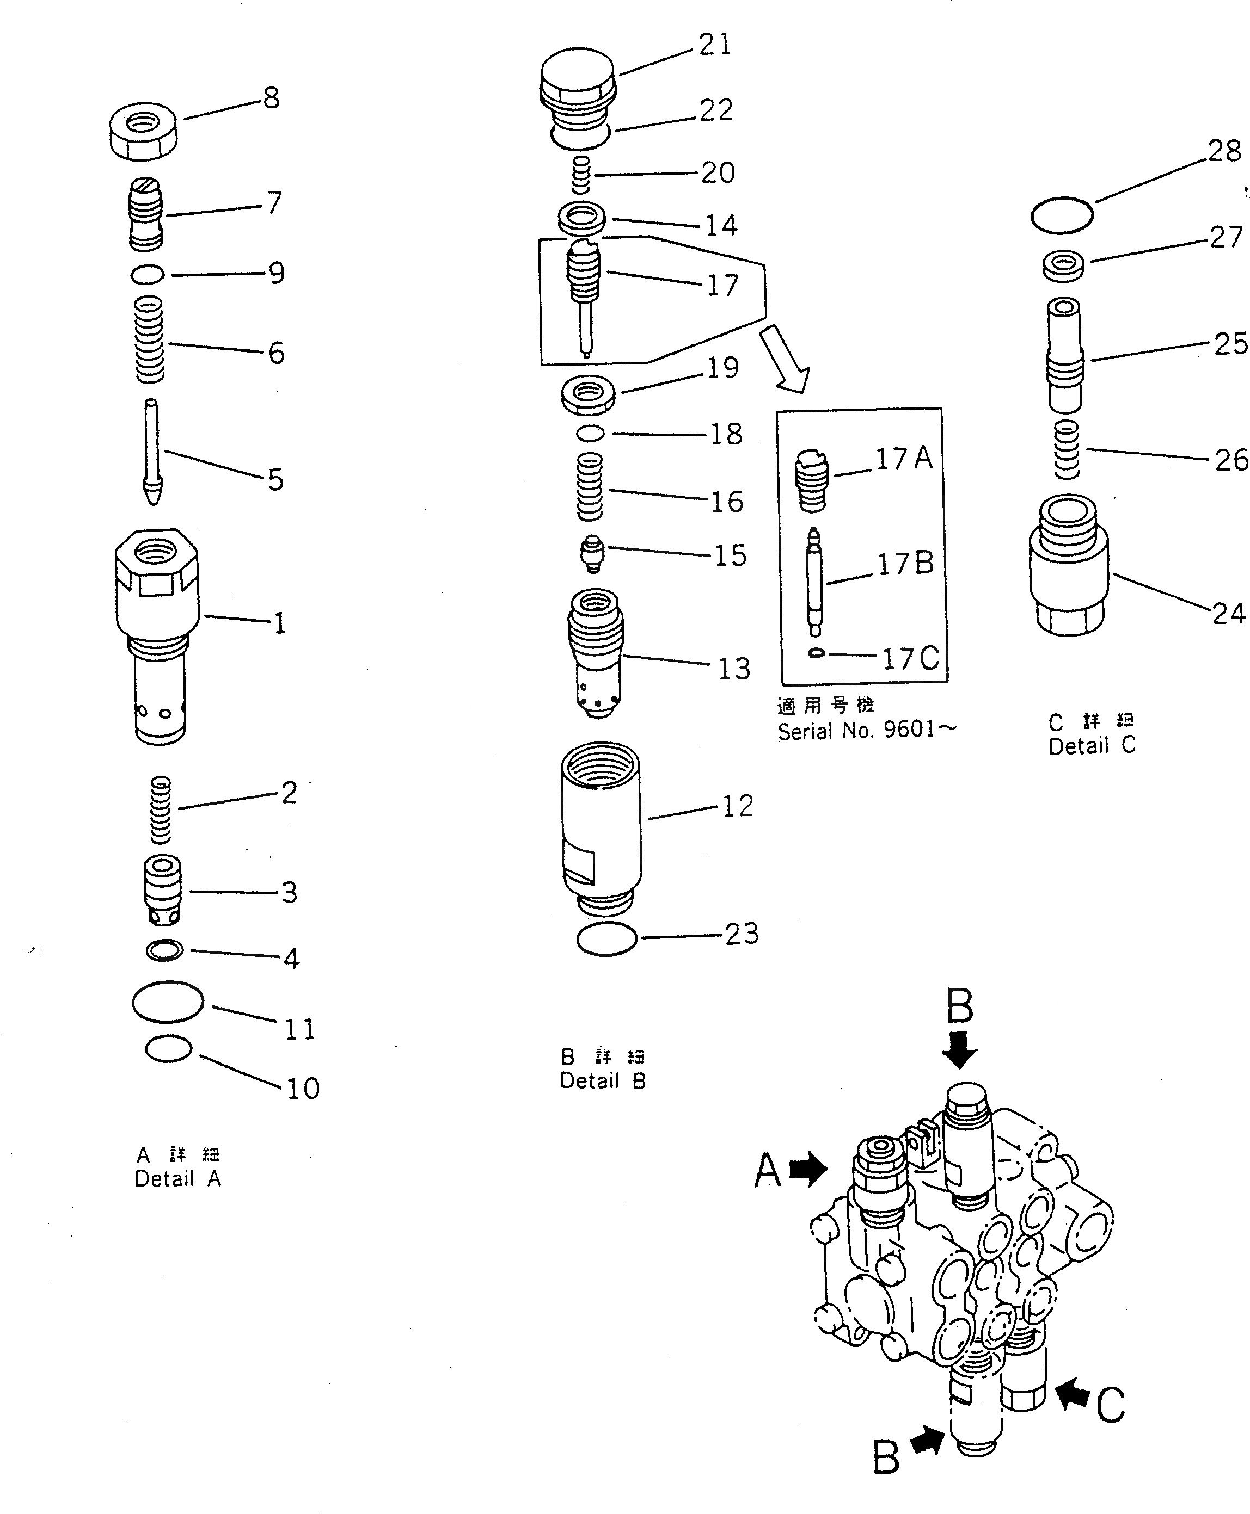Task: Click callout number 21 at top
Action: click(x=714, y=45)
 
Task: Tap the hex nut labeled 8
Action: click(x=144, y=131)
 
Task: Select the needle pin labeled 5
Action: click(x=152, y=452)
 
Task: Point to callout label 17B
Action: click(x=905, y=564)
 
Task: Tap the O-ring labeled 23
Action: click(x=607, y=939)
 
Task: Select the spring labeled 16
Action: click(x=590, y=486)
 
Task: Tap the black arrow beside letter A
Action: click(x=808, y=1169)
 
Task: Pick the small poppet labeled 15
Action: click(x=592, y=553)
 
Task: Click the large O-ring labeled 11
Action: click(x=168, y=1002)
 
